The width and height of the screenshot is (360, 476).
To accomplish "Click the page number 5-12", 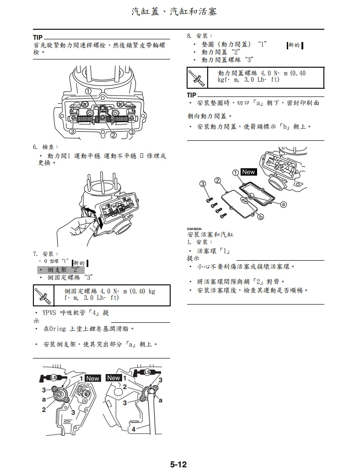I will click(x=178, y=465).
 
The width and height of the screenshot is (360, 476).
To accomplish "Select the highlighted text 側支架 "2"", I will click(x=61, y=270).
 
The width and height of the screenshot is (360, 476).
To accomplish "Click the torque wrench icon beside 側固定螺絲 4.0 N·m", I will click(x=43, y=295).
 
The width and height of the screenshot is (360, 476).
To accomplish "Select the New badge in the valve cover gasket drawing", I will click(x=249, y=172).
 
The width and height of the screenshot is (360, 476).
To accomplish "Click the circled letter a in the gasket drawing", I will click(x=284, y=204).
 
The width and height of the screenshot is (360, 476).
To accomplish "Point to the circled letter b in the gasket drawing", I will click(x=261, y=217).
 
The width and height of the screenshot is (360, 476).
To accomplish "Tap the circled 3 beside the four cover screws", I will click(x=203, y=184).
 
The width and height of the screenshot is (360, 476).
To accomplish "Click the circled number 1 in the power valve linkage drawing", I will click(x=87, y=91).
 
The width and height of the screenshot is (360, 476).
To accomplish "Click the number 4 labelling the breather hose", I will click(x=134, y=429).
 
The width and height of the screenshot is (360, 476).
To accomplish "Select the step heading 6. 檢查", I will click(x=45, y=147).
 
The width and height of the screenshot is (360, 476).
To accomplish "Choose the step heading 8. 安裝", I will click(x=196, y=36).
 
